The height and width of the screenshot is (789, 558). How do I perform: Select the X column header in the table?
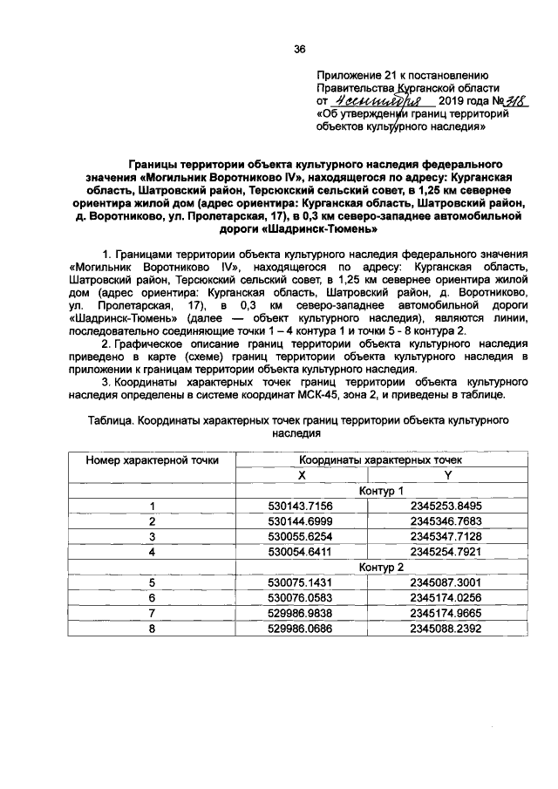tap(302, 474)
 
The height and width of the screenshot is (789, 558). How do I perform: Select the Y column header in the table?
tap(446, 474)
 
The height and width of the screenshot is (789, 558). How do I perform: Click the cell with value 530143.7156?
tap(302, 506)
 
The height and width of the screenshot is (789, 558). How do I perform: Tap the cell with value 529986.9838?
tap(302, 614)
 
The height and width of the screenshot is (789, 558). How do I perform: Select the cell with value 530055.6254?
tap(302, 536)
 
